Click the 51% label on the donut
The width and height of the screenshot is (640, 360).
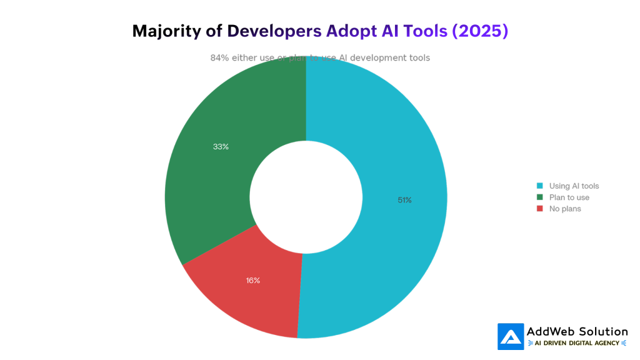(x=404, y=200)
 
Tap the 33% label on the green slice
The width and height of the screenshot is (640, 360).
(x=221, y=147)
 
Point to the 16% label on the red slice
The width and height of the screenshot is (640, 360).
(x=252, y=281)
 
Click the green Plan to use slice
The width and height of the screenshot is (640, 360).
(x=212, y=181)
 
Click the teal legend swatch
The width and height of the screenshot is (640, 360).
(x=539, y=186)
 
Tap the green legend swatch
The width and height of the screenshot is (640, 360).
(x=539, y=197)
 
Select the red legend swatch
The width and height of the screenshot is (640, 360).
(x=539, y=209)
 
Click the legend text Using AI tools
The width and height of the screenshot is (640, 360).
(x=574, y=186)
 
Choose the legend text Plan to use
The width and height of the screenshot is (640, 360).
(x=569, y=197)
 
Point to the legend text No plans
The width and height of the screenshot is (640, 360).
(x=564, y=209)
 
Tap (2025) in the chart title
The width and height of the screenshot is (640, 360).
(x=479, y=31)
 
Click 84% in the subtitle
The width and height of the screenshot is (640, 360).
(x=219, y=57)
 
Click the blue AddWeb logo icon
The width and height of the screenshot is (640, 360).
(x=510, y=336)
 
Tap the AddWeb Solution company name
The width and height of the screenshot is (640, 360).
(x=577, y=331)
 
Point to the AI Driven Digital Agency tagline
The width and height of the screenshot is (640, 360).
(x=577, y=343)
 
